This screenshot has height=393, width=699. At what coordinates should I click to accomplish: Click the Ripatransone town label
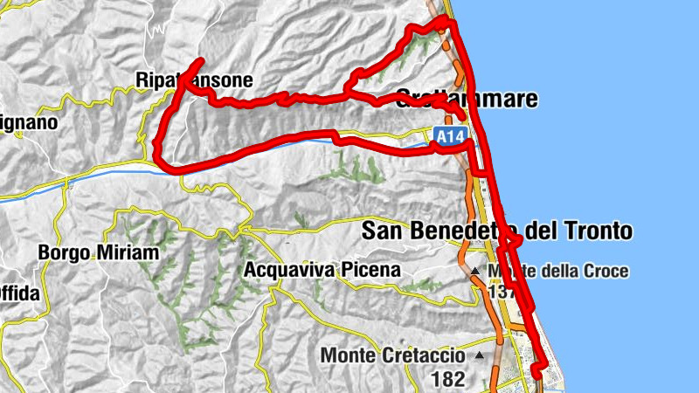[194, 81]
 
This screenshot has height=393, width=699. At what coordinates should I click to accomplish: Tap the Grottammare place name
[467, 100]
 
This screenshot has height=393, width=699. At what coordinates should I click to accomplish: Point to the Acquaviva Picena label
[322, 270]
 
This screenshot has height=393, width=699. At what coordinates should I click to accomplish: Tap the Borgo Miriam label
[99, 253]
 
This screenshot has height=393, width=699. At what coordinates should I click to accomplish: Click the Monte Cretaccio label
[396, 356]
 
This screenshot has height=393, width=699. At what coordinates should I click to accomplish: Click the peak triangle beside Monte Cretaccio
[480, 356]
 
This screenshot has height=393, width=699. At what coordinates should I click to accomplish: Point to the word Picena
[371, 270]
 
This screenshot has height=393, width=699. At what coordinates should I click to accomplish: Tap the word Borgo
[63, 253]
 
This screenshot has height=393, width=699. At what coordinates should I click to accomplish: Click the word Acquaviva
[289, 270]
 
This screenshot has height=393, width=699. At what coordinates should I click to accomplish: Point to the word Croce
[606, 272]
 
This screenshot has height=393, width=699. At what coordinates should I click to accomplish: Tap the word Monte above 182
[349, 356]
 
